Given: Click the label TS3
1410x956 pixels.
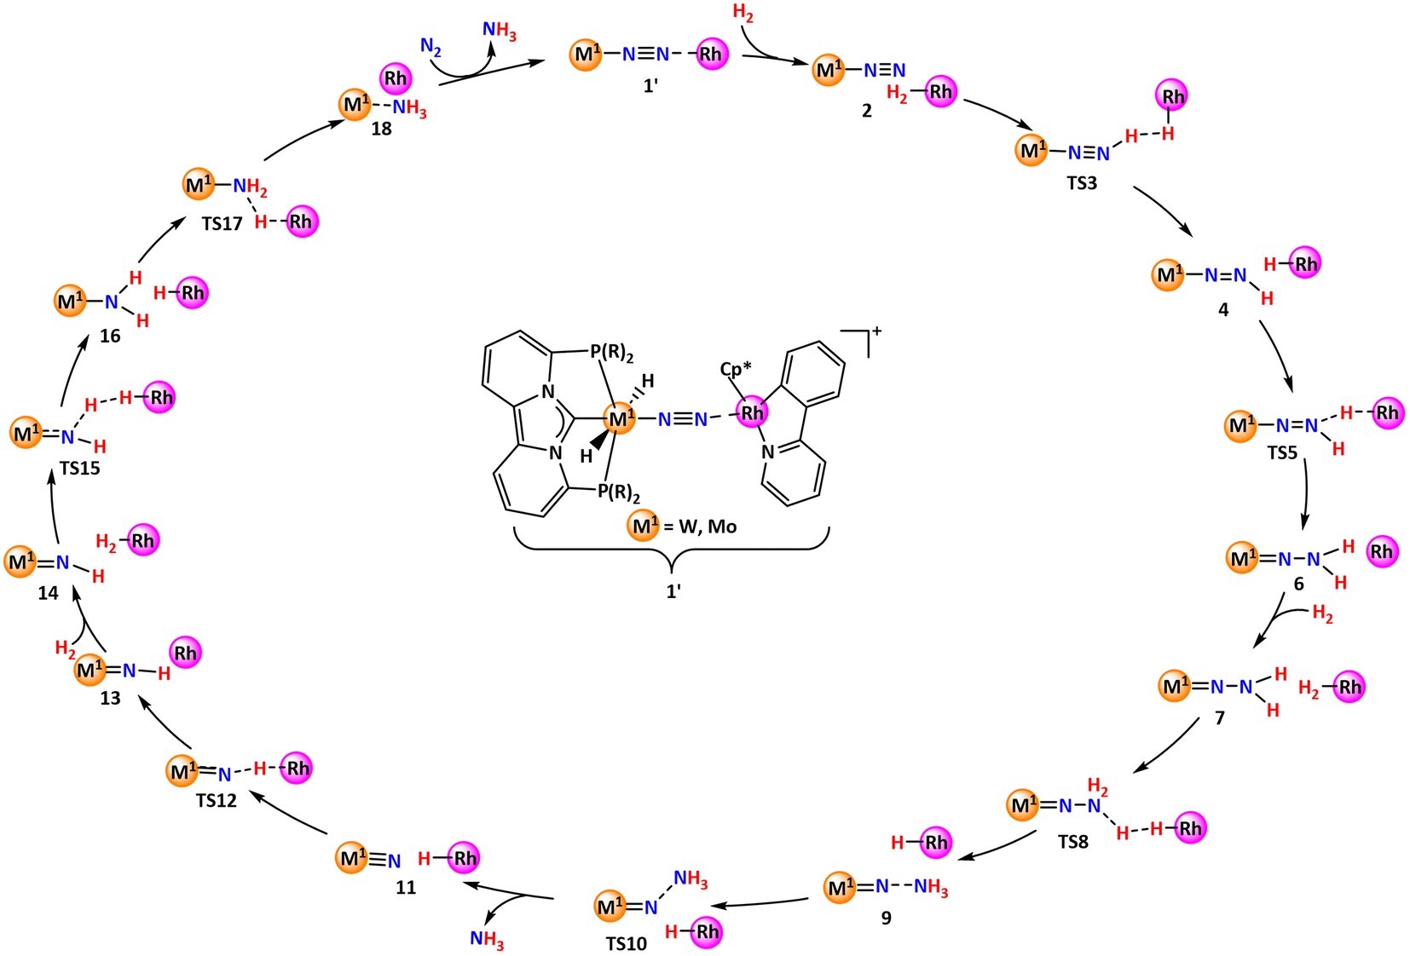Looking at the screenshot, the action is coord(1082,183).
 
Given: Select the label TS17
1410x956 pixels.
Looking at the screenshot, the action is coord(222,224).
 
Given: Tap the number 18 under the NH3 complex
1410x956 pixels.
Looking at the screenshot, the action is coord(381,129).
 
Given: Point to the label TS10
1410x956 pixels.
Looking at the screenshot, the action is coord(627,944).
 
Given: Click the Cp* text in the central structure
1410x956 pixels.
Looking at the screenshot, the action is coord(736,369).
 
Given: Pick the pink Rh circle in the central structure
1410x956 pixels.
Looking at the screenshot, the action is coord(753,412).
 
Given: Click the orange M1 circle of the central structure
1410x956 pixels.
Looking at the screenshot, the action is coord(620,419).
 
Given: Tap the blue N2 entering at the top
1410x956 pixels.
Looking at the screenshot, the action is coord(431,46).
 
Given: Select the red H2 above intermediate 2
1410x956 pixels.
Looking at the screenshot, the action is coord(743,13).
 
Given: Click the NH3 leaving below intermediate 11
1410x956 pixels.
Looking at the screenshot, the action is coord(487,939).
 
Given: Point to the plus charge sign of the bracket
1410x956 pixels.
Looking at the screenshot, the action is coord(876,331).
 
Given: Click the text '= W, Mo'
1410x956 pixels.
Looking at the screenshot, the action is coord(700,527).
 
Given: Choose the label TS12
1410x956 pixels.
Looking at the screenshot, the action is coord(216,801).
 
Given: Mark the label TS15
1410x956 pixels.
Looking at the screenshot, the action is coord(80,469).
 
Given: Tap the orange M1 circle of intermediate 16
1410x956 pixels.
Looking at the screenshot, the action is coord(71,301).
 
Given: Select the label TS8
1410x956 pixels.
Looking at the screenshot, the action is coord(1072,842).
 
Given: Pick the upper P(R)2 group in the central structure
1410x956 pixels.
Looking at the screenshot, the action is coord(611,354).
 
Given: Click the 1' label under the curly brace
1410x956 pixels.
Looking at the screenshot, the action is coord(673,591).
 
